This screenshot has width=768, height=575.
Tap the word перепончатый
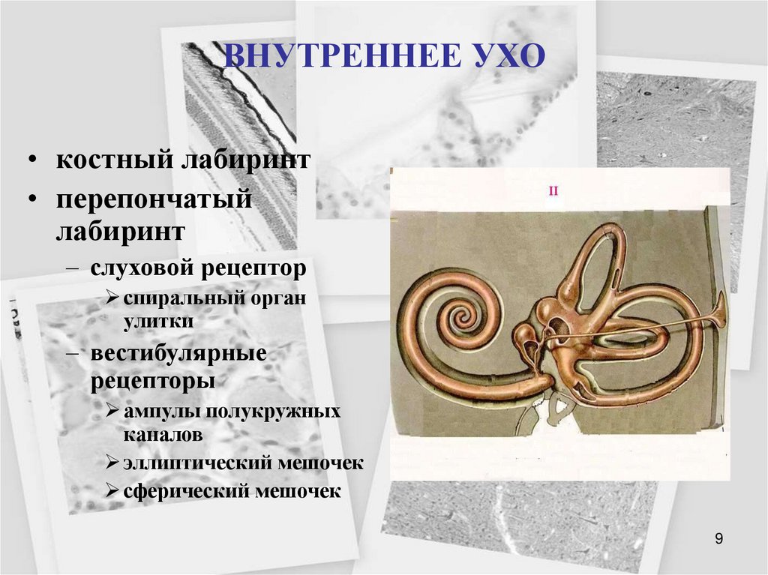point(152,201)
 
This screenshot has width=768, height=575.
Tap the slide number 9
point(719,538)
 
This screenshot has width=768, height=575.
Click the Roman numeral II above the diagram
point(553,192)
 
